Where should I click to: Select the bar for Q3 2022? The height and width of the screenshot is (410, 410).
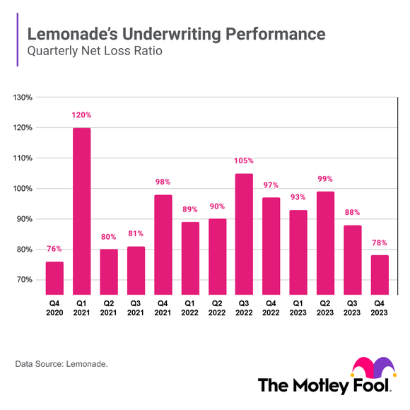[244, 233]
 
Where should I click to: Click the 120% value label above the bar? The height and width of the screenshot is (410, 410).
[81, 115]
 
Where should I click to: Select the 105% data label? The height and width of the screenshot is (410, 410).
[244, 160]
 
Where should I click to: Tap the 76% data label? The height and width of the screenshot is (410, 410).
[54, 248]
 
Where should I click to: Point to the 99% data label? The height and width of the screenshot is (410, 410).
[325, 179]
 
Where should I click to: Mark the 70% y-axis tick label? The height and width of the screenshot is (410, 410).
[25, 280]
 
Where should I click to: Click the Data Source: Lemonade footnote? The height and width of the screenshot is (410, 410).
[61, 365]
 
